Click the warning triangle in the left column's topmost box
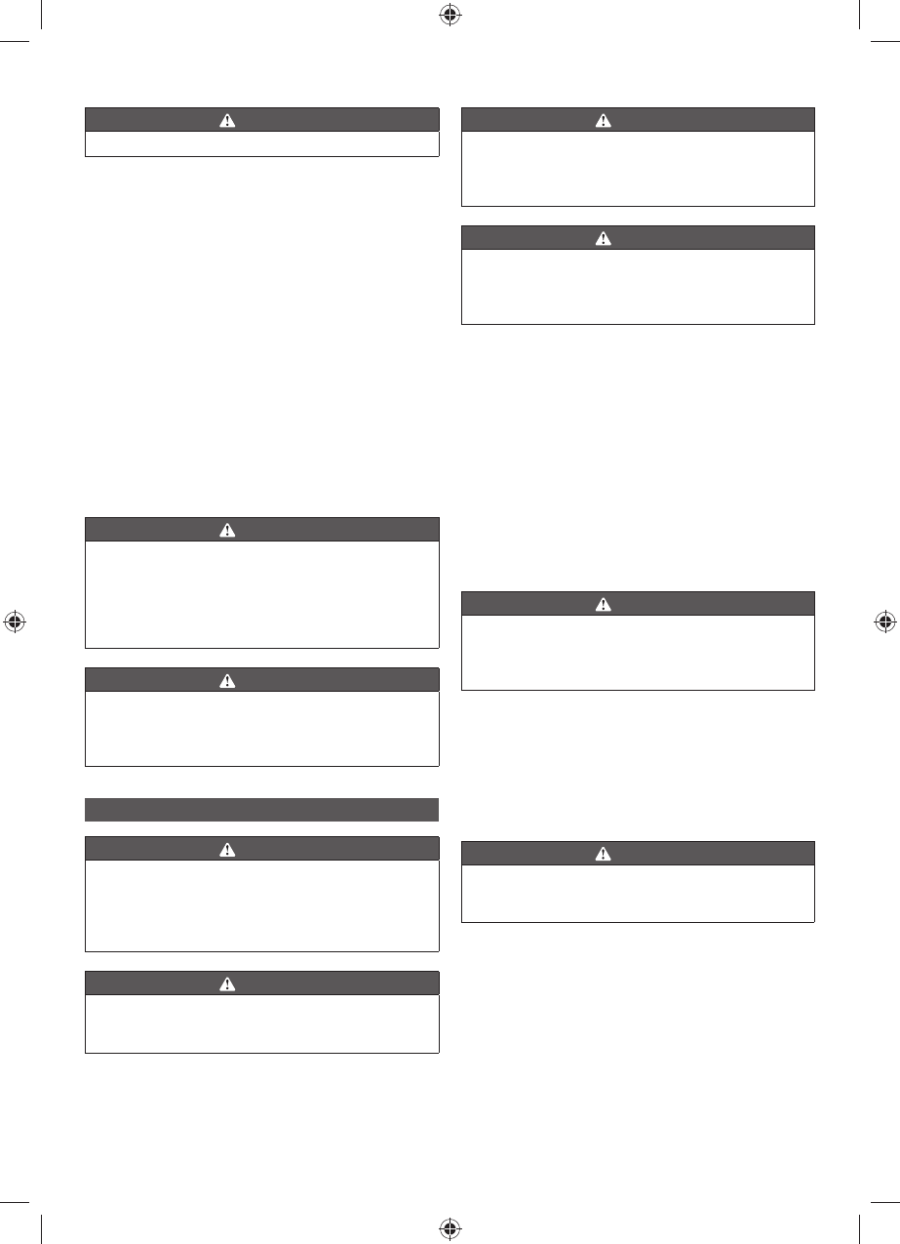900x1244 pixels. click(227, 121)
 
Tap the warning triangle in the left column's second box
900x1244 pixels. click(227, 531)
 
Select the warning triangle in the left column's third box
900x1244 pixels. click(227, 681)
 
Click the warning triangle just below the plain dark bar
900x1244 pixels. click(227, 850)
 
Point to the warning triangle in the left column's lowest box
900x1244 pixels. click(227, 983)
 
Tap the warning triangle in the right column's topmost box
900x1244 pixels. click(604, 121)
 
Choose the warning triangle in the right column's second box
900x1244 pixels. click(604, 238)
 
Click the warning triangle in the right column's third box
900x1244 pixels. click(604, 605)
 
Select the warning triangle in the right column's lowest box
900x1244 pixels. click(604, 854)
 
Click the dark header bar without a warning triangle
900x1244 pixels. click(261, 810)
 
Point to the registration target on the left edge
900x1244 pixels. click(14, 622)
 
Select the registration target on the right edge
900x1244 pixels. click(884, 622)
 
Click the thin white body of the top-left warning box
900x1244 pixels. click(261, 144)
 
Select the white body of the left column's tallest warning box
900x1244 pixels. click(261, 595)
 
